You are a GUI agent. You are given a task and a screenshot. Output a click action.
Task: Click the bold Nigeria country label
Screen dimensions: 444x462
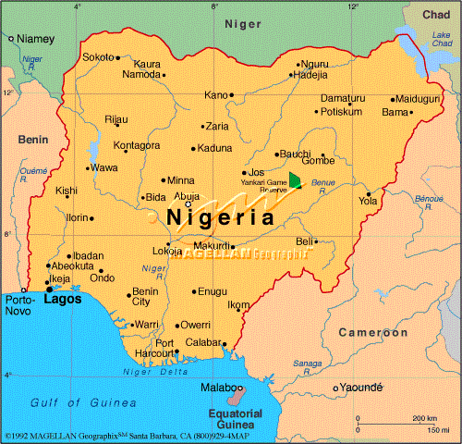pyautogui.click(x=222, y=218)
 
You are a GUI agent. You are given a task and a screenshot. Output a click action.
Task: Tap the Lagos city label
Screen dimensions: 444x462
pyautogui.click(x=62, y=299)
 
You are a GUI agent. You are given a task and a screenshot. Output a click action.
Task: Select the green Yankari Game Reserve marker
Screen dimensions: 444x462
pyautogui.click(x=295, y=179)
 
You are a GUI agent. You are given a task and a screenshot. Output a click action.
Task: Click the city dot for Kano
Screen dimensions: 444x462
pyautogui.click(x=231, y=94)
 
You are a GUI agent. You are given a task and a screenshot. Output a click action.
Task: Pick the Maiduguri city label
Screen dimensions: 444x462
pyautogui.click(x=418, y=98)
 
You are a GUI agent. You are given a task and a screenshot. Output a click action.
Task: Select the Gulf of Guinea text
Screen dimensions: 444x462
pyautogui.click(x=70, y=403)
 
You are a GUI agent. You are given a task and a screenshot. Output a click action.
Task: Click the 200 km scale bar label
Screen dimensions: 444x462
pyautogui.click(x=425, y=418)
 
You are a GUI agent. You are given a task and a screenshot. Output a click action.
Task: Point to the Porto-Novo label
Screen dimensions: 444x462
pyautogui.click(x=19, y=306)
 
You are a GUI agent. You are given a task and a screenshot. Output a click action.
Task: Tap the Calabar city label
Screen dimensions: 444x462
pyautogui.click(x=203, y=343)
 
